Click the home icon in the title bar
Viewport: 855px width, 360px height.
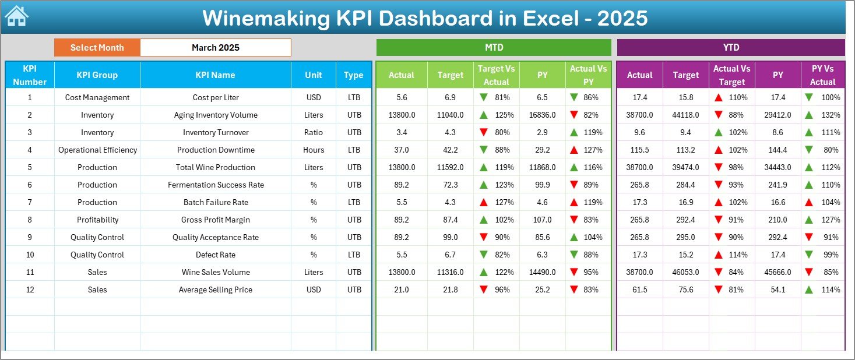[16, 16]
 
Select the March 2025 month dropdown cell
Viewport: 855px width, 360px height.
[215, 48]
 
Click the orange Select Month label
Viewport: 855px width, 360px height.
[97, 48]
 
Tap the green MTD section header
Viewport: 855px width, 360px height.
[494, 48]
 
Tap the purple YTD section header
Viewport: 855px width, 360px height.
[730, 48]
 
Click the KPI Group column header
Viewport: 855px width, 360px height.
[97, 75]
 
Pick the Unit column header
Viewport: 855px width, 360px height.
[313, 75]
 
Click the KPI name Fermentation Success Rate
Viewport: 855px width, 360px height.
[216, 185]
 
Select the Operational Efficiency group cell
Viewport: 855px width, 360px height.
[97, 150]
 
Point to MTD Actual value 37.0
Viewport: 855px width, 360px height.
[402, 150]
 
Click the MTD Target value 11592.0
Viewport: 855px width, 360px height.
[450, 167]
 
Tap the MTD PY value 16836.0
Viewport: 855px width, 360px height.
[542, 115]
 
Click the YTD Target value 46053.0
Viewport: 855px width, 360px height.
[685, 272]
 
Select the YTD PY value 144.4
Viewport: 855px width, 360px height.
[777, 150]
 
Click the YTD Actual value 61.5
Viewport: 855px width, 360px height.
[639, 290]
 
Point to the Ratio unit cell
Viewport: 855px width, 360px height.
[313, 132]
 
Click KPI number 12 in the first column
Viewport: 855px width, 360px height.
[30, 290]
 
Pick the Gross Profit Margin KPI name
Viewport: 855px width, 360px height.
[216, 220]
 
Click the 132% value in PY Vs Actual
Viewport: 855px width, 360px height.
[831, 115]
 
